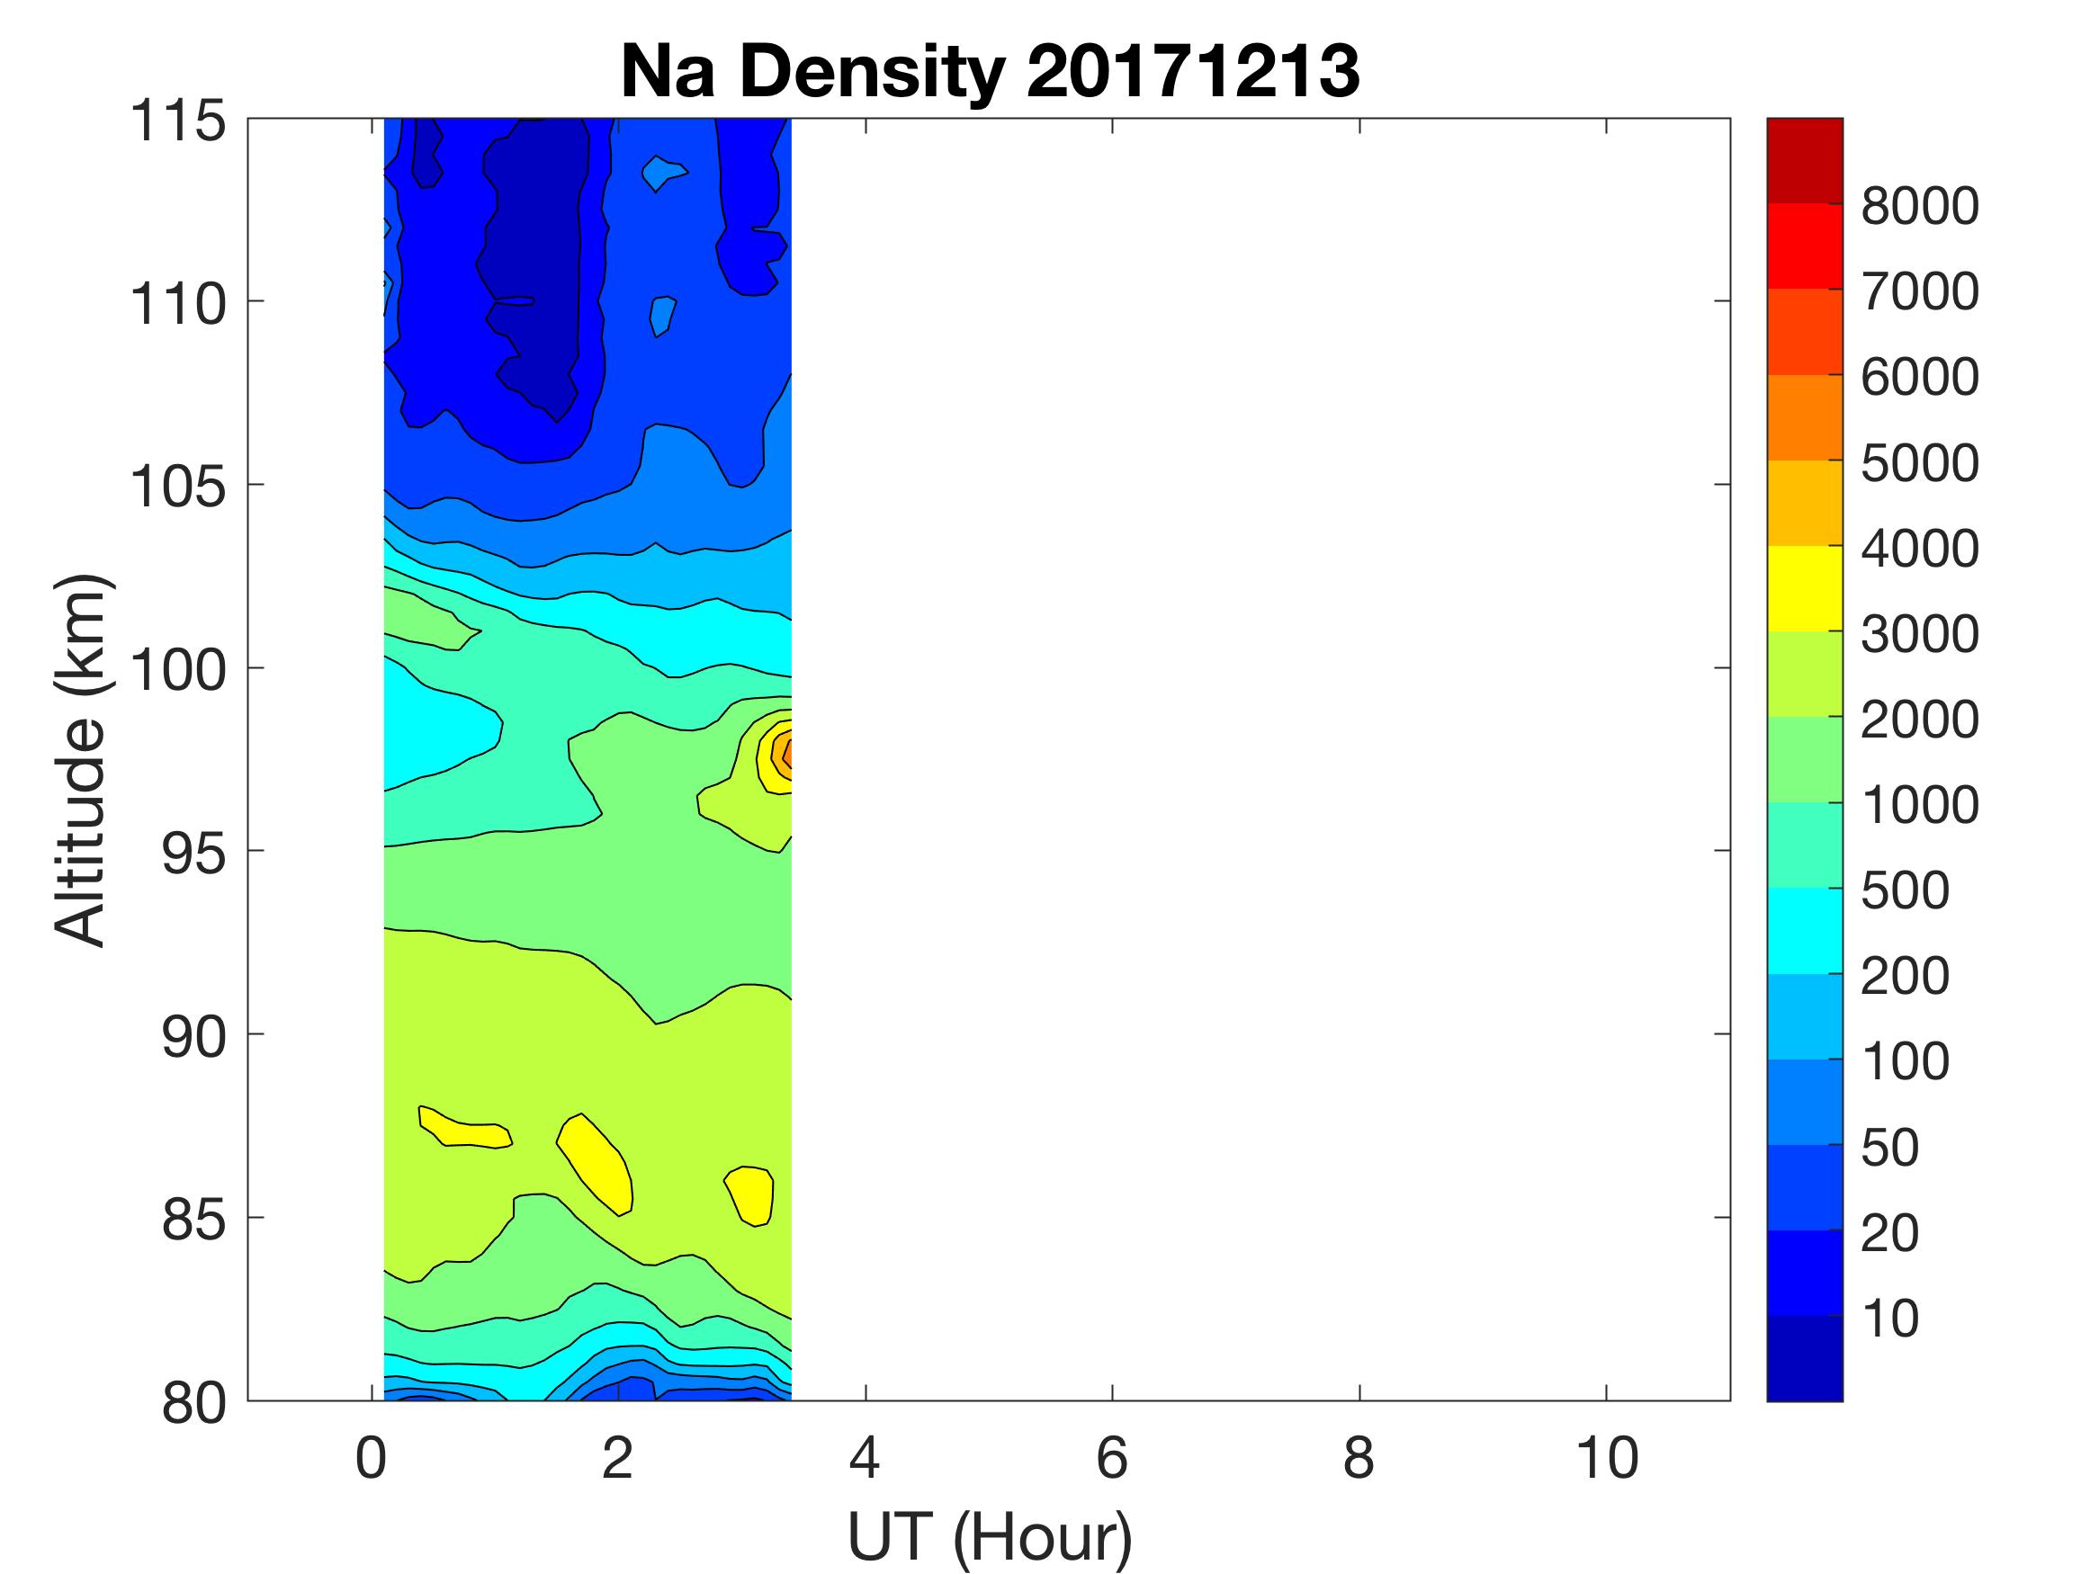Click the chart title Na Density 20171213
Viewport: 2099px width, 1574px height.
(989, 72)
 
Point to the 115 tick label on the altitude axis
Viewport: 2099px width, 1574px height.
(178, 121)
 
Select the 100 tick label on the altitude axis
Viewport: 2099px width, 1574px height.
(178, 670)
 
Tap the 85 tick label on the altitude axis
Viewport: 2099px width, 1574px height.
(193, 1219)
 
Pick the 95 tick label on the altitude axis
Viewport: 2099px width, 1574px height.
(193, 853)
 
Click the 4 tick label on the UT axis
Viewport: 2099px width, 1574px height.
(865, 1457)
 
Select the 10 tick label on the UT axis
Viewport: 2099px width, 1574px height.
(1607, 1457)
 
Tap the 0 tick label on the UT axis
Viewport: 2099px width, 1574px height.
(371, 1457)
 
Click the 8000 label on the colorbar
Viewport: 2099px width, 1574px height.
(1919, 206)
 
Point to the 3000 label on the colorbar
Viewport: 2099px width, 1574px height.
(1919, 634)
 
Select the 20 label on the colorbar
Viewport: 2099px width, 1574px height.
(1889, 1232)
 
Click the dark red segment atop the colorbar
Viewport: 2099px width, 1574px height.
(1804, 160)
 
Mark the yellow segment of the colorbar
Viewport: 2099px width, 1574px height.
(1804, 588)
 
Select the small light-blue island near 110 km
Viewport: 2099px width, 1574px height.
(662, 314)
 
